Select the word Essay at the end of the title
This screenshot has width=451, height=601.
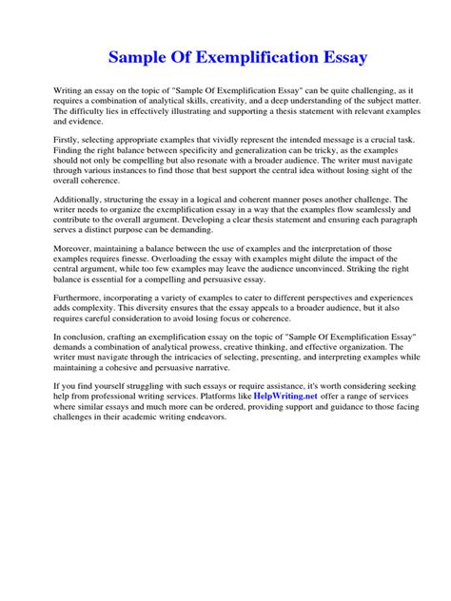pos(318,59)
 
